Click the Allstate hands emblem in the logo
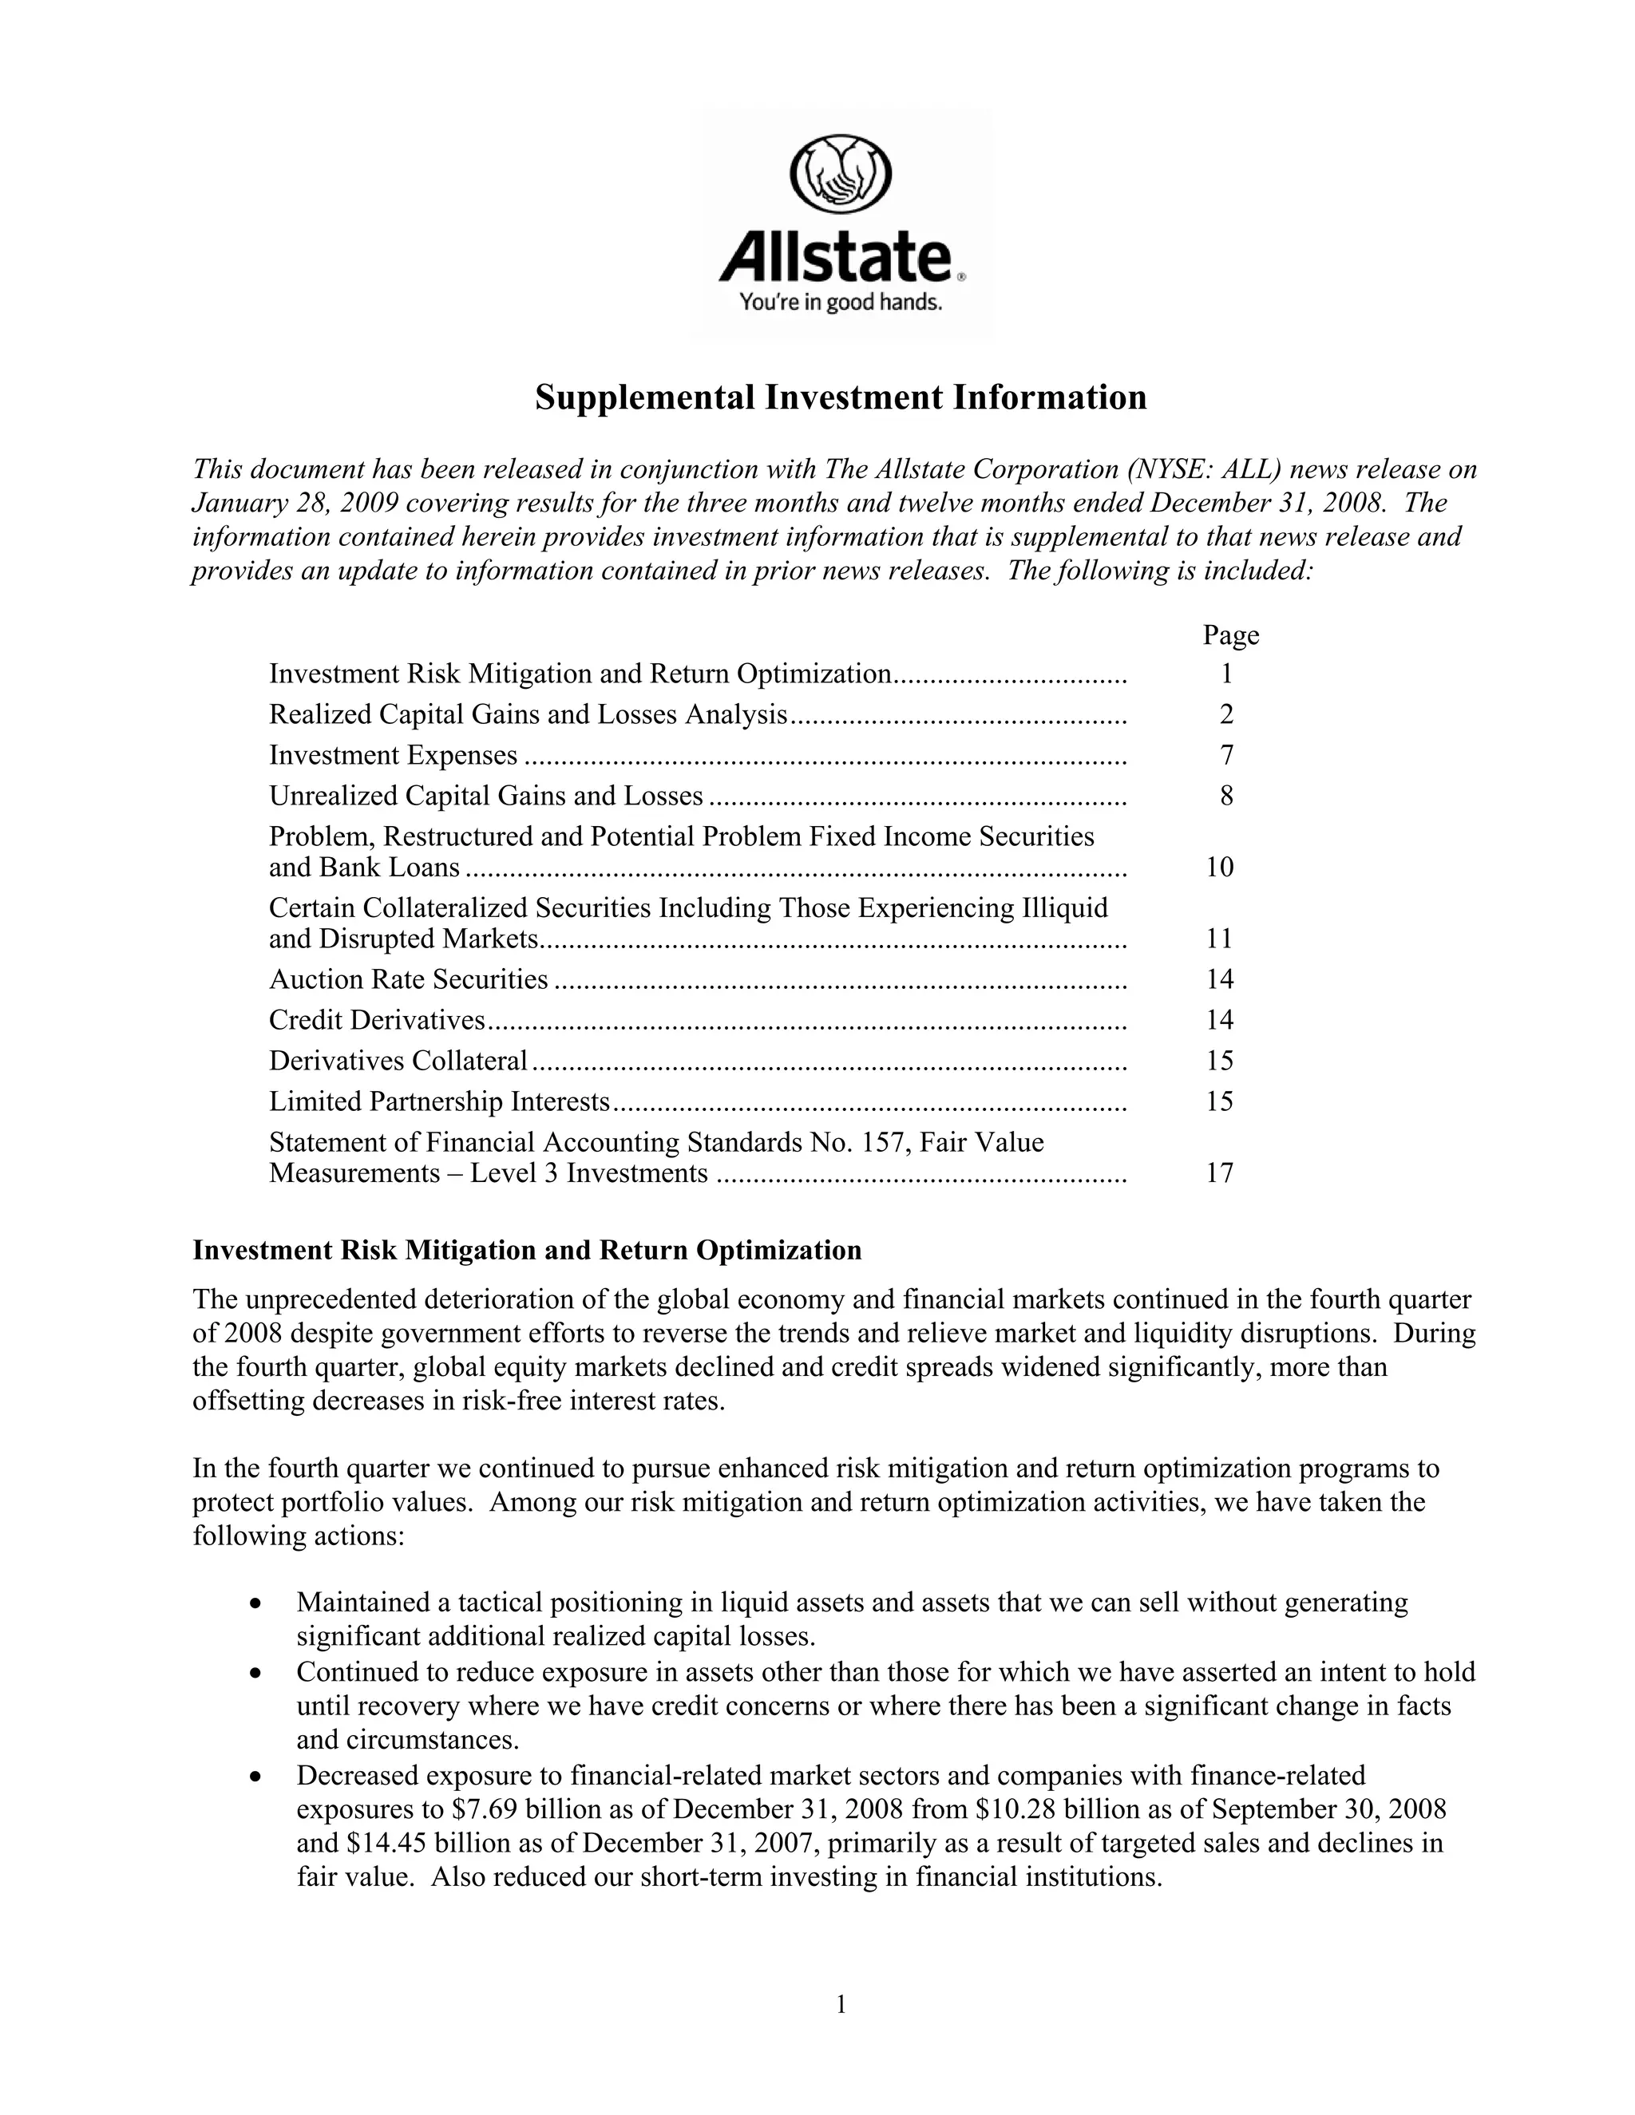pyautogui.click(x=841, y=174)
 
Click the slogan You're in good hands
pyautogui.click(x=841, y=303)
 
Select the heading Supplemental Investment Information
pyautogui.click(x=841, y=397)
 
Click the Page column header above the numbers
pyautogui.click(x=1230, y=635)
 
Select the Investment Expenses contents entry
pyautogui.click(x=394, y=754)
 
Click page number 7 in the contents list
pyautogui.click(x=1227, y=754)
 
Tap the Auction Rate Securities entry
pyautogui.click(x=408, y=979)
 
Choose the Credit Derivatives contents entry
pyautogui.click(x=377, y=1020)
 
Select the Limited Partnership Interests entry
pyautogui.click(x=439, y=1101)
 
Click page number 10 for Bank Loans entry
pyautogui.click(x=1220, y=867)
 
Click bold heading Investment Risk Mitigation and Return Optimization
pyautogui.click(x=527, y=1250)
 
